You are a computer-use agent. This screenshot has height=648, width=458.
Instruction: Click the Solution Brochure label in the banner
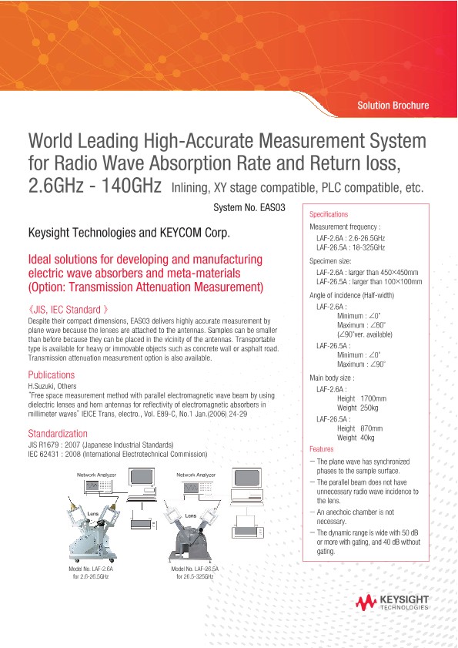393,106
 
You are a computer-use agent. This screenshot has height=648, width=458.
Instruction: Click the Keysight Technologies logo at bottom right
393,603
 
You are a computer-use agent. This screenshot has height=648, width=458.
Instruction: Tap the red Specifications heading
329,214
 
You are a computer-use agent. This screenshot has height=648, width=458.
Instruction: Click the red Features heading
321,448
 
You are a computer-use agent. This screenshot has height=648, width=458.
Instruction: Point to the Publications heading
51,374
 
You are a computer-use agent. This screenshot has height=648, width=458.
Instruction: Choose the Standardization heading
57,433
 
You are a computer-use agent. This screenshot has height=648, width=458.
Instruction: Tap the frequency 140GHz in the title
125,186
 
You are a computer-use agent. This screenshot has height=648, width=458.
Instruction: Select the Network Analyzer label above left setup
95,475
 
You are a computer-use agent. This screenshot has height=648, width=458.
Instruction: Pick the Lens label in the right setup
191,514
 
